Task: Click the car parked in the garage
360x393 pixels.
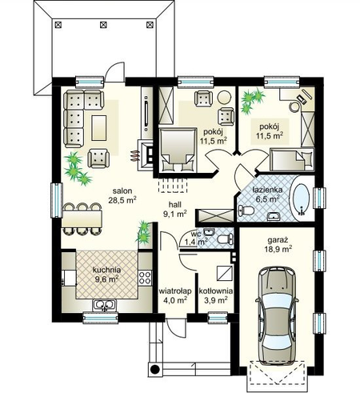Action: point(277,315)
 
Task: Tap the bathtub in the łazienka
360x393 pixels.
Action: point(302,199)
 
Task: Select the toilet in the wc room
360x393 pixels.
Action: point(226,239)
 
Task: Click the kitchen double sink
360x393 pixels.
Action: point(105,306)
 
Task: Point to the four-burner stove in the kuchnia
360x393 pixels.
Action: point(145,278)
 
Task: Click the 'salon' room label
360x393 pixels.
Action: point(122,191)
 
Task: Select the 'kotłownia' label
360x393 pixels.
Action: point(216,291)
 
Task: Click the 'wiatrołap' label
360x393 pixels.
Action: point(175,291)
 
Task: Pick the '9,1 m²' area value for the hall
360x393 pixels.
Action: point(174,214)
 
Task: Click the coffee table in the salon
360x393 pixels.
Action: point(99,128)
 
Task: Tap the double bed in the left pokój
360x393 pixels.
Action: point(178,150)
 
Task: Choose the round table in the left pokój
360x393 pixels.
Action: point(224,98)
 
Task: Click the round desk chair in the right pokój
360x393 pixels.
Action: point(295,107)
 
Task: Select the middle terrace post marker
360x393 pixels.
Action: point(103,25)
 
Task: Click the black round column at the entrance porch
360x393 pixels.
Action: point(155,369)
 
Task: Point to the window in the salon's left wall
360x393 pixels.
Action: point(57,200)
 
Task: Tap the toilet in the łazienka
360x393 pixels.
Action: point(246,211)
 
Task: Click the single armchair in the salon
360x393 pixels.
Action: point(98,158)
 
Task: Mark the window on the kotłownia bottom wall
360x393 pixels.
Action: point(218,318)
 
